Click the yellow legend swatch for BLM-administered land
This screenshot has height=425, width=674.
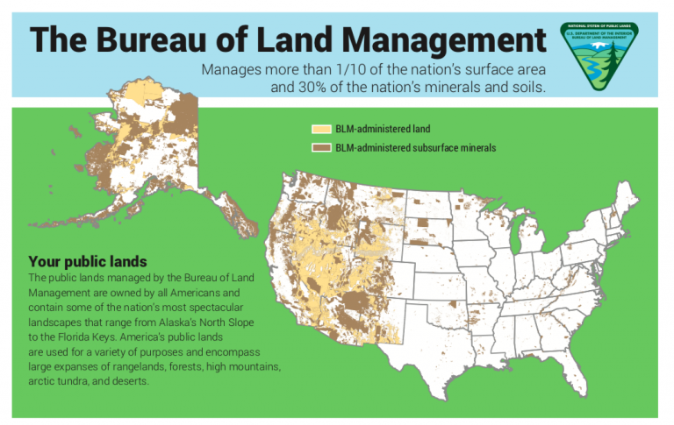tap(320, 130)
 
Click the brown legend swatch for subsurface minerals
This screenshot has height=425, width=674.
tap(320, 148)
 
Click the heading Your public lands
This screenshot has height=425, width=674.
tap(87, 261)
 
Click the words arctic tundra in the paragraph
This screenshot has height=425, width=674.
tap(61, 382)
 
